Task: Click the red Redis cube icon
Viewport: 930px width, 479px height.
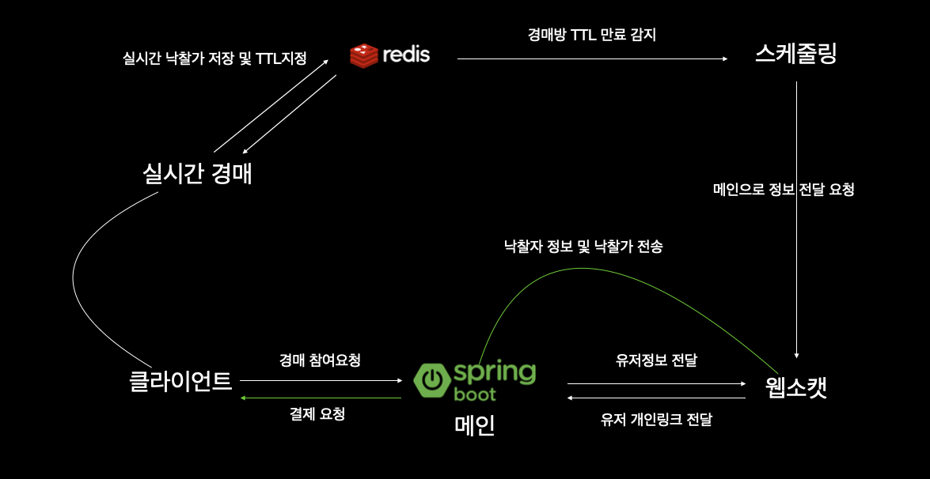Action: (x=363, y=55)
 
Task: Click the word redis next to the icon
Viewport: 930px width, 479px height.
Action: (x=406, y=55)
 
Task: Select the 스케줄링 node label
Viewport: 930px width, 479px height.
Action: (x=795, y=54)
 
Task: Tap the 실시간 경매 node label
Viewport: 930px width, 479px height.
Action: (x=197, y=173)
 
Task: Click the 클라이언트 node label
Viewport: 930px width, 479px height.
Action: (x=180, y=381)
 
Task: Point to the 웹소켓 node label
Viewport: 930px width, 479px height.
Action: (x=797, y=387)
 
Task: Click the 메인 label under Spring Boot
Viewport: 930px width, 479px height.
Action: (x=475, y=425)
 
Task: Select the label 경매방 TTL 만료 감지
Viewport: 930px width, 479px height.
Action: (x=592, y=35)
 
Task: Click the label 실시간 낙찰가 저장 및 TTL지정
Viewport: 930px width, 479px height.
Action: (x=214, y=58)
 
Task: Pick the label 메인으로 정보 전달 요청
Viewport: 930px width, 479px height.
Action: (x=784, y=190)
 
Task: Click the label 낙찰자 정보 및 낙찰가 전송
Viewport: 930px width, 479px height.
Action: (x=583, y=247)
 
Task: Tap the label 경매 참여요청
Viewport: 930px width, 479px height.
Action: (x=320, y=360)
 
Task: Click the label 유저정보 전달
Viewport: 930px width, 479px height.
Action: (x=656, y=360)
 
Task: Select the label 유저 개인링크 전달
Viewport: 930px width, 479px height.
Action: (x=656, y=419)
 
